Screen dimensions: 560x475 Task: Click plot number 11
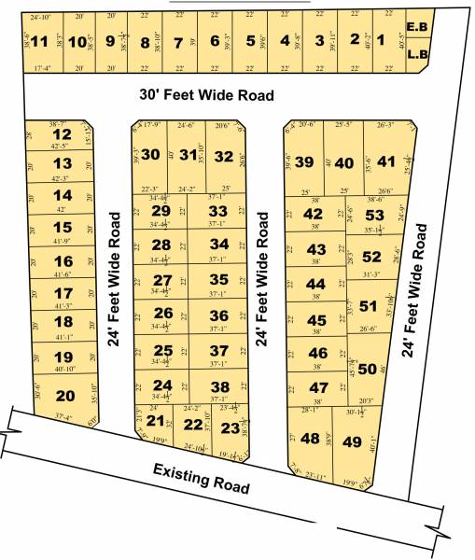tap(38, 42)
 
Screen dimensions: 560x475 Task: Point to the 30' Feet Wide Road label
tap(207, 95)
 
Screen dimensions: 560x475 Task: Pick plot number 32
tap(223, 156)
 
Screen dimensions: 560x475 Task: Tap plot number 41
tap(386, 161)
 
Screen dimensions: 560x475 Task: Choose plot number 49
tap(352, 441)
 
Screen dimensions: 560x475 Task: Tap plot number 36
tap(219, 315)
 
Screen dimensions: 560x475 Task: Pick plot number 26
tap(162, 314)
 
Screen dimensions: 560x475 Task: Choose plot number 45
tap(317, 320)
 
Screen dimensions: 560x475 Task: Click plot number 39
tap(303, 161)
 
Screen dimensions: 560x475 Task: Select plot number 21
tap(156, 421)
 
